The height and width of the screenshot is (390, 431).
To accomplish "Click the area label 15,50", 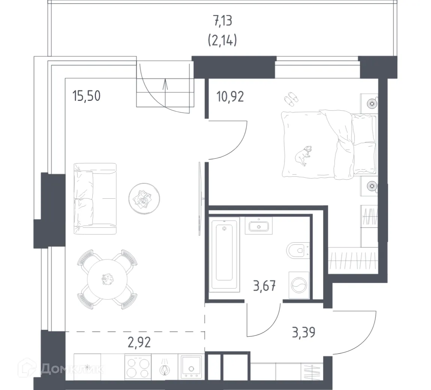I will point(86,96).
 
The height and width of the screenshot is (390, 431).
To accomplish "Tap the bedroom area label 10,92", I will point(230,96).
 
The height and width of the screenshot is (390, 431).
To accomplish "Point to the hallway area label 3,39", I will point(303,332).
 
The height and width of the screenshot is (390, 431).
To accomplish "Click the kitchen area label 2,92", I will point(139,342).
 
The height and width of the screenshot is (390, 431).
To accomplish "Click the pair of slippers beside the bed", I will point(290,99).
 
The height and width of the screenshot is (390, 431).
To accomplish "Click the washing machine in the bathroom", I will point(299,286).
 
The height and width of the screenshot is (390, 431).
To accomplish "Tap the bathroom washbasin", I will point(259,226).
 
